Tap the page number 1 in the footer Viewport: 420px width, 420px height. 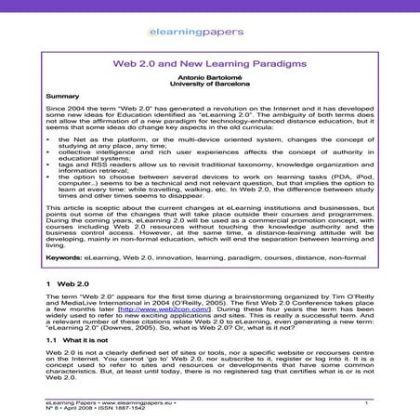(x=368, y=401)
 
